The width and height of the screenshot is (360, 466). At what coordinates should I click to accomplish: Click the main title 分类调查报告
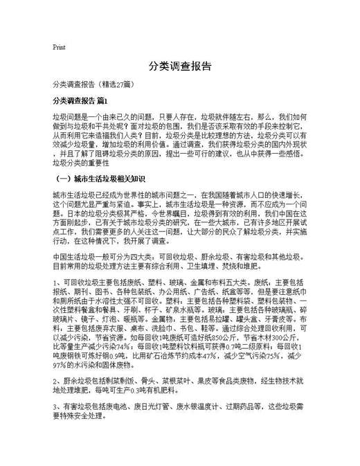pyautogui.click(x=179, y=66)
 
